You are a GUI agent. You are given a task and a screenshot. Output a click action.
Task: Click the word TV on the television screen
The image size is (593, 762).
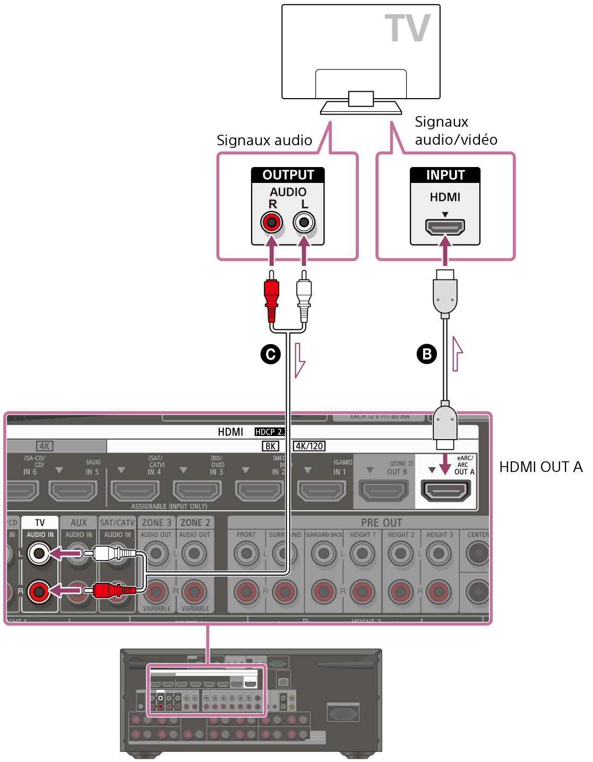click(x=407, y=29)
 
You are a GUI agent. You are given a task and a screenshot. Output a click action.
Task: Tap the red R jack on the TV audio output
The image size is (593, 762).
click(x=272, y=222)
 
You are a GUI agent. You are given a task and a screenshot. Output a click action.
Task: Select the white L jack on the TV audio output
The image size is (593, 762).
click(x=304, y=222)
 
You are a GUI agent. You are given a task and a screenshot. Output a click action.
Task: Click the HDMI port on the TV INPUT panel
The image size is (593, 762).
click(x=445, y=227)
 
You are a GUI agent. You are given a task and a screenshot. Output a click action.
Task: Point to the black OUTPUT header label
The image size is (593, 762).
click(x=288, y=175)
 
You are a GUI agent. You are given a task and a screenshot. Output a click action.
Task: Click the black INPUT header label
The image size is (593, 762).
click(x=445, y=175)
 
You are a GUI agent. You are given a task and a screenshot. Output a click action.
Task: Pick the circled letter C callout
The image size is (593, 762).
click(x=271, y=354)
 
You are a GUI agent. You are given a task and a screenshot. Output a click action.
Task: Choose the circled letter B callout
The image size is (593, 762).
click(x=427, y=354)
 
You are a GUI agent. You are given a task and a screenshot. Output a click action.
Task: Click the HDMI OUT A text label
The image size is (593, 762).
click(x=540, y=467)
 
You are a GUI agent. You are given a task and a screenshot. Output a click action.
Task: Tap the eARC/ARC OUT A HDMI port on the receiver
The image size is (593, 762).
click(x=445, y=491)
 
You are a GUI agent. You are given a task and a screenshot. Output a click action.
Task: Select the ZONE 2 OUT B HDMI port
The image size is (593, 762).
click(x=384, y=491)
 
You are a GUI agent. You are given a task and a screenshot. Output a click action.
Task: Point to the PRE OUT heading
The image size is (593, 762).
click(x=381, y=523)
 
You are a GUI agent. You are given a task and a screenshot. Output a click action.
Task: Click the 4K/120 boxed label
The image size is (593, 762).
click(x=310, y=446)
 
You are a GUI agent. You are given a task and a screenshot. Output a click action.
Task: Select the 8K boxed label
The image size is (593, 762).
click(x=271, y=446)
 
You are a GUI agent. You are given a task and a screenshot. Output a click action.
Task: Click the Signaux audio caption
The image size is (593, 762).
click(x=264, y=141)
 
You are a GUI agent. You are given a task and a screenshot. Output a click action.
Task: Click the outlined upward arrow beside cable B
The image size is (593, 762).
click(x=457, y=353)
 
